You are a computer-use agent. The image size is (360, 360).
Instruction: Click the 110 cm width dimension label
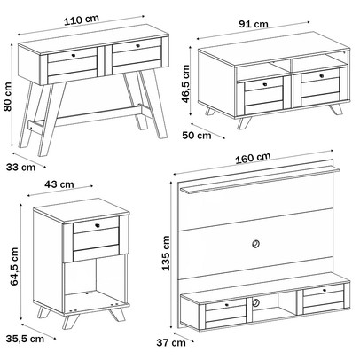82,20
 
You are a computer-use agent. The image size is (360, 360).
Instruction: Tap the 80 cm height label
7,97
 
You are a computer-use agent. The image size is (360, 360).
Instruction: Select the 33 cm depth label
20,168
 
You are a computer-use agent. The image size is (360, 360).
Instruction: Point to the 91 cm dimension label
254,24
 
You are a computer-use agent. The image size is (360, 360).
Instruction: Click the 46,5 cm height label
185,84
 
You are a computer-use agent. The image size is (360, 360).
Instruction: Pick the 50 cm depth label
197,136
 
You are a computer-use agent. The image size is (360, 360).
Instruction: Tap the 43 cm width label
59,184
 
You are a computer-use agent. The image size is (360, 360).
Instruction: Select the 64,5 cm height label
14,267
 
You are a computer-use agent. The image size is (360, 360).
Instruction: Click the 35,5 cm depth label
25,339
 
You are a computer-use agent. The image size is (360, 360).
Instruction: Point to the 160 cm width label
253,158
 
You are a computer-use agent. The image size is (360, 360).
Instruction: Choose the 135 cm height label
167,253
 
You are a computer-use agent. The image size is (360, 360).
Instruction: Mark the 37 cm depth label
171,343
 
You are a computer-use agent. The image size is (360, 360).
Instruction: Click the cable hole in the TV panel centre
255,244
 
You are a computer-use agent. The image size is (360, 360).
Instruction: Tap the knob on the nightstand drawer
98,225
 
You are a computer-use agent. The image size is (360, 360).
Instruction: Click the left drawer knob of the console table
74,55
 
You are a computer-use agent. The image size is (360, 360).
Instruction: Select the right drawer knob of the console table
137,46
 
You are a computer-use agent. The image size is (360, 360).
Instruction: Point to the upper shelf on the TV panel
260,180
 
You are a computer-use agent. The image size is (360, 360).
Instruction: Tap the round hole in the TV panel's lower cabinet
256,302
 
